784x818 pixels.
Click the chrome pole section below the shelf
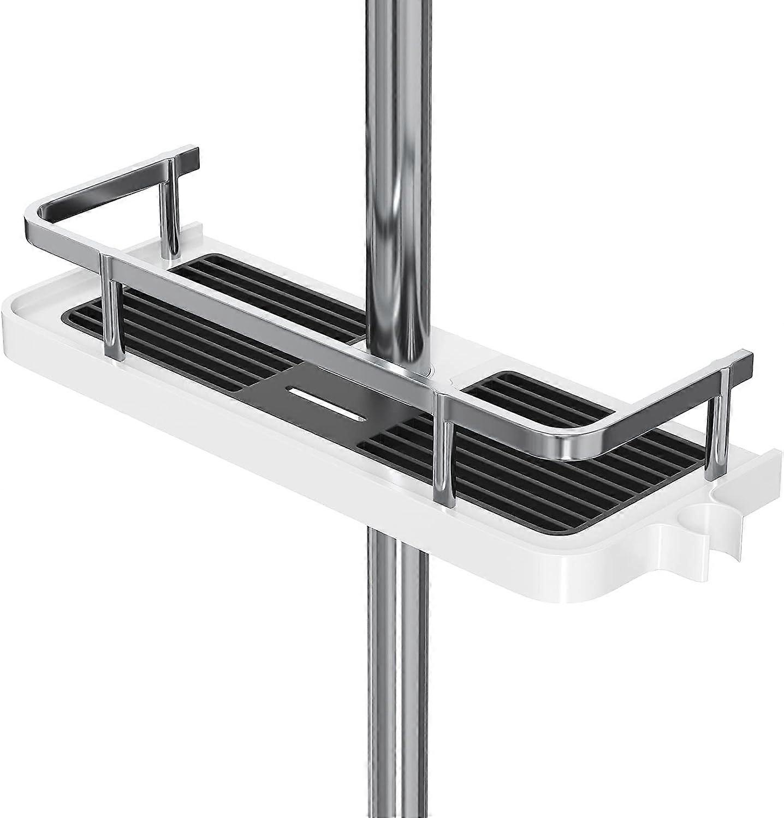[391, 682]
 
